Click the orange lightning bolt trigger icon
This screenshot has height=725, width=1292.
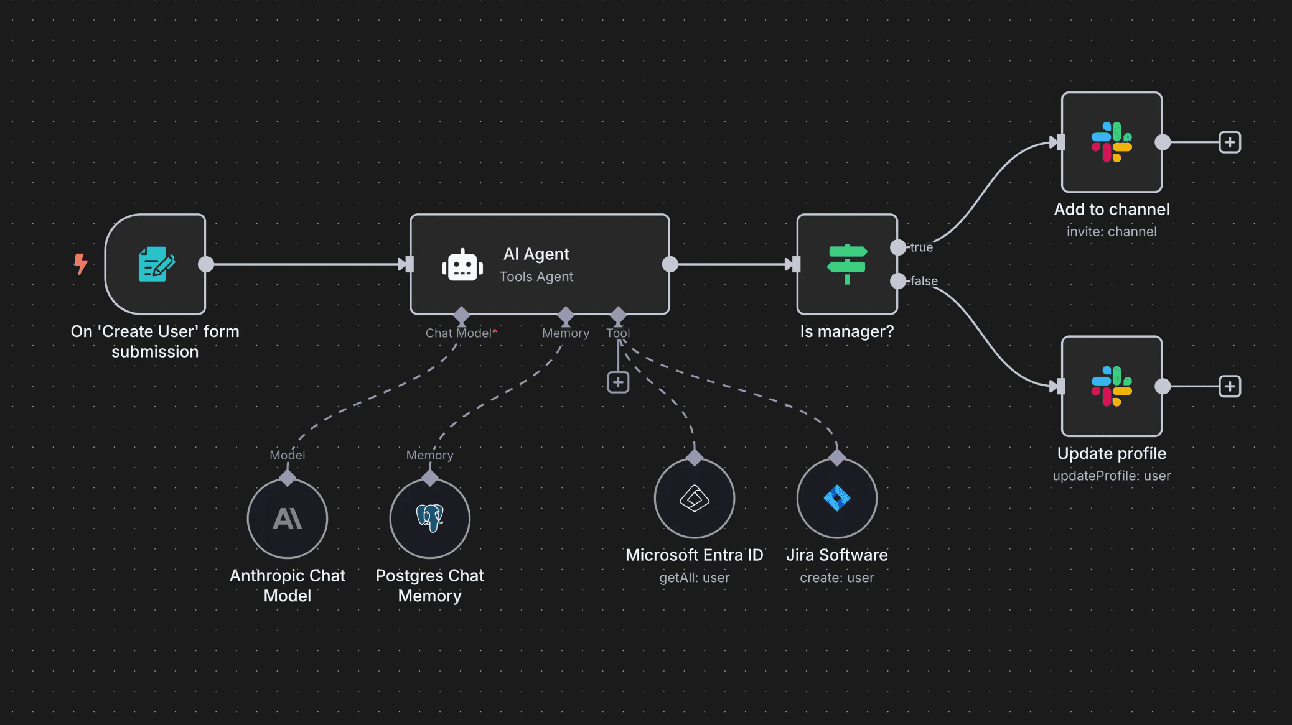[x=80, y=264]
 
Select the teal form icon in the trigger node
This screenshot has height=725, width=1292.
[x=156, y=264]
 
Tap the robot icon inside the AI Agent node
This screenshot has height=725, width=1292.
[x=462, y=266]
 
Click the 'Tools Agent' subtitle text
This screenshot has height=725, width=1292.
[x=536, y=277]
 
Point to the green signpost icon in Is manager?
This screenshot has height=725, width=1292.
[x=846, y=264]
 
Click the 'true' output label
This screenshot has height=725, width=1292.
[x=922, y=247]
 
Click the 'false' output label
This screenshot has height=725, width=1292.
[x=924, y=281]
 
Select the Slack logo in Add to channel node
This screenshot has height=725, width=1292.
[x=1112, y=142]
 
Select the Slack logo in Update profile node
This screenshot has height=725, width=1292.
[x=1112, y=386]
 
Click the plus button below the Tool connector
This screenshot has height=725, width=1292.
[x=618, y=382]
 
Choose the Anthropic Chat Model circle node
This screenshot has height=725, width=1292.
[x=288, y=519]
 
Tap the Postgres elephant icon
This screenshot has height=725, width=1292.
[x=430, y=517]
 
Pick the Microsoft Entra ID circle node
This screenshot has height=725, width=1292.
[x=695, y=498]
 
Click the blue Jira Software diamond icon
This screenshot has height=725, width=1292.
[x=837, y=498]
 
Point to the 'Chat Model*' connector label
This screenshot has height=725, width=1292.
[x=461, y=333]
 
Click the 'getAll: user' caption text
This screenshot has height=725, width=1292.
[x=695, y=578]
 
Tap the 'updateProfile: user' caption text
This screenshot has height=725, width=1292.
[x=1112, y=476]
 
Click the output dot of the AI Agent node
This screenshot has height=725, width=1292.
[x=670, y=264]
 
